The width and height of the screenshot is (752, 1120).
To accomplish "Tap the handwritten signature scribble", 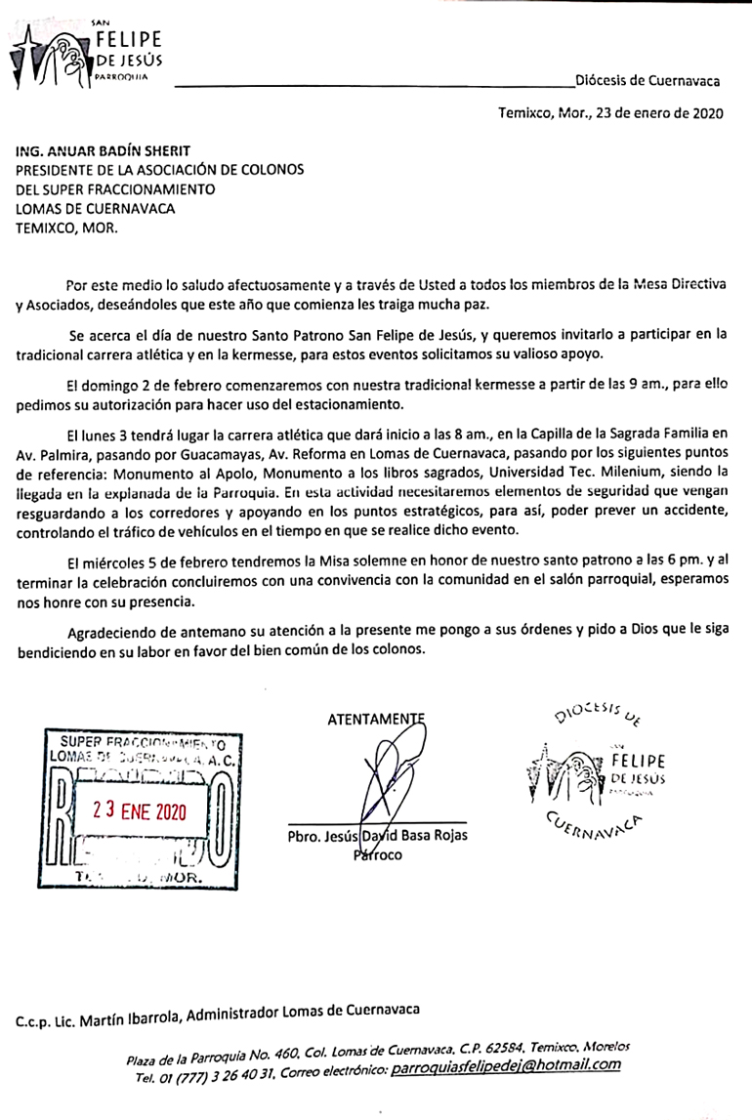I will (385, 781).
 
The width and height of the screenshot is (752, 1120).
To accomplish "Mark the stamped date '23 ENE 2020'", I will (138, 809).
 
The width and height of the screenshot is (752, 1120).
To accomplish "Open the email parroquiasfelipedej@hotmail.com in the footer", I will (505, 1065).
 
